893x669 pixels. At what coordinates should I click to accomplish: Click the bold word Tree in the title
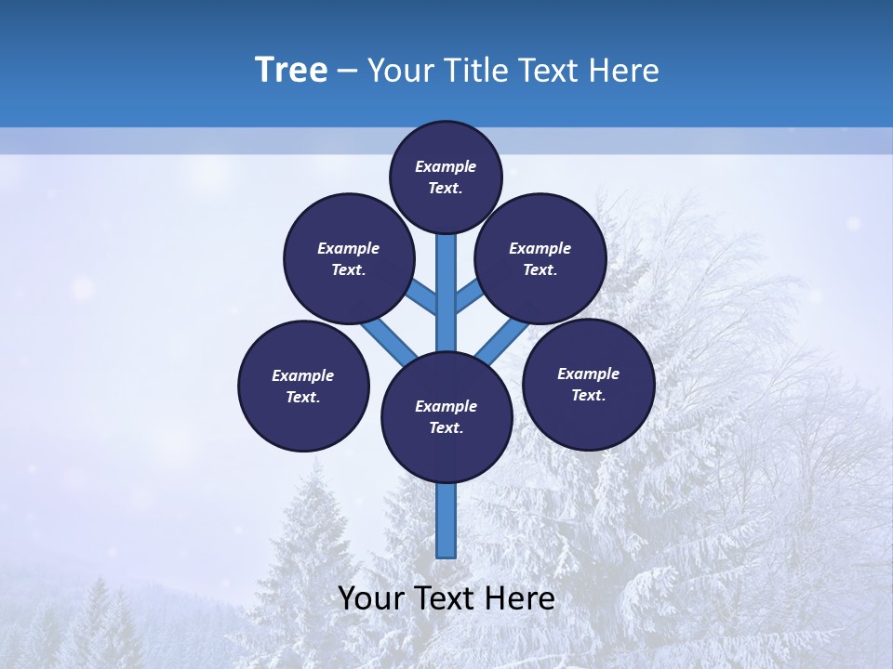291,71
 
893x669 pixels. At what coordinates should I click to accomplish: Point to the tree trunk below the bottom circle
446,520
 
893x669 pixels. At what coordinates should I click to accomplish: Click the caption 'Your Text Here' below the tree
446,598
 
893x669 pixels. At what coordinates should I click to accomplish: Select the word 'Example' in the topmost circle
446,167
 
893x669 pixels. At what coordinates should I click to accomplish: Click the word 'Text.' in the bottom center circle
446,428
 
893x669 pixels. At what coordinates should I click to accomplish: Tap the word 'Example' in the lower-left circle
302,376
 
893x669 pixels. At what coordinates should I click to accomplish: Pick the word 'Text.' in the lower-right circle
588,396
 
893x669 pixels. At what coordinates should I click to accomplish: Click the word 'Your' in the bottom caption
371,598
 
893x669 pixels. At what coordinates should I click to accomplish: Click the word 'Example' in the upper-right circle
540,249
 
